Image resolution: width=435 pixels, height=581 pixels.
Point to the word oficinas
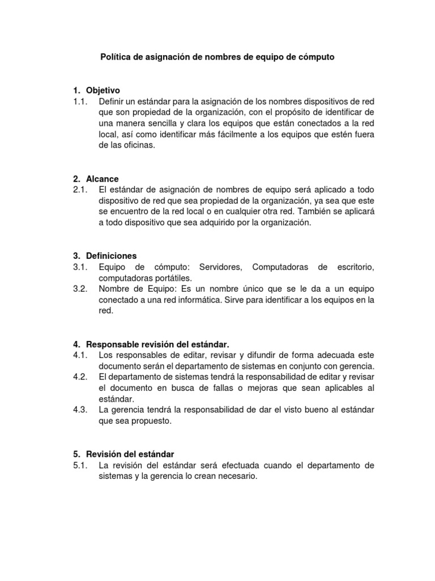point(137,145)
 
